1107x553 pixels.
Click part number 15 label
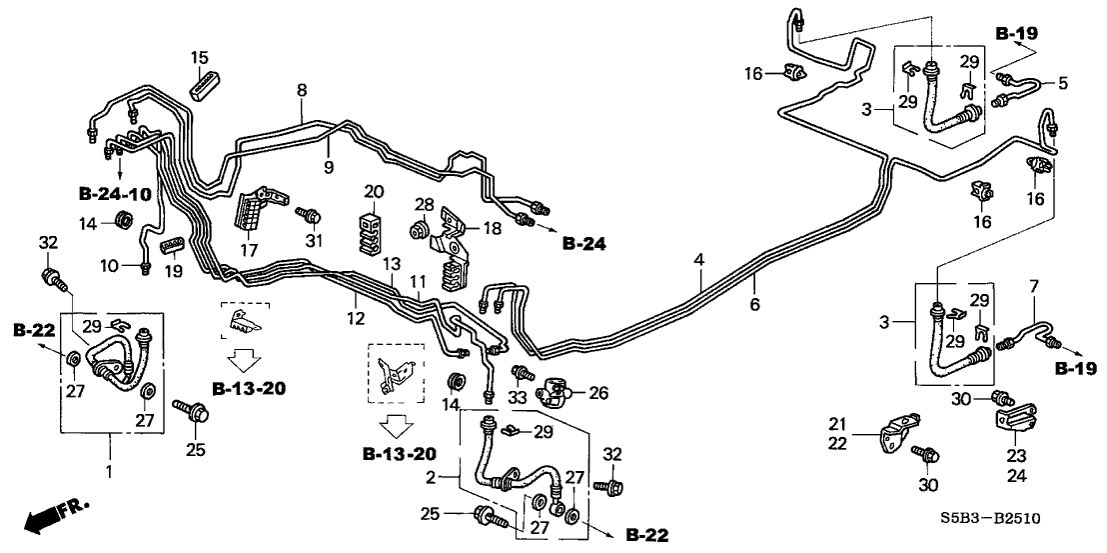[x=199, y=56]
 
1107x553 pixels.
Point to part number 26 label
[x=596, y=393]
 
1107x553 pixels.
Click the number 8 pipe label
[x=302, y=91]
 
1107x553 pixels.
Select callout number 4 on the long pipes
[x=699, y=261]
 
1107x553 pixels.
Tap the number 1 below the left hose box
[x=109, y=470]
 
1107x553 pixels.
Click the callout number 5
[x=1063, y=83]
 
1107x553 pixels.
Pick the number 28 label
[x=424, y=205]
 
